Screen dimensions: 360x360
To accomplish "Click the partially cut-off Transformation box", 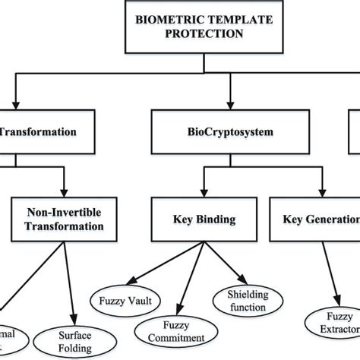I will click(38, 131).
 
